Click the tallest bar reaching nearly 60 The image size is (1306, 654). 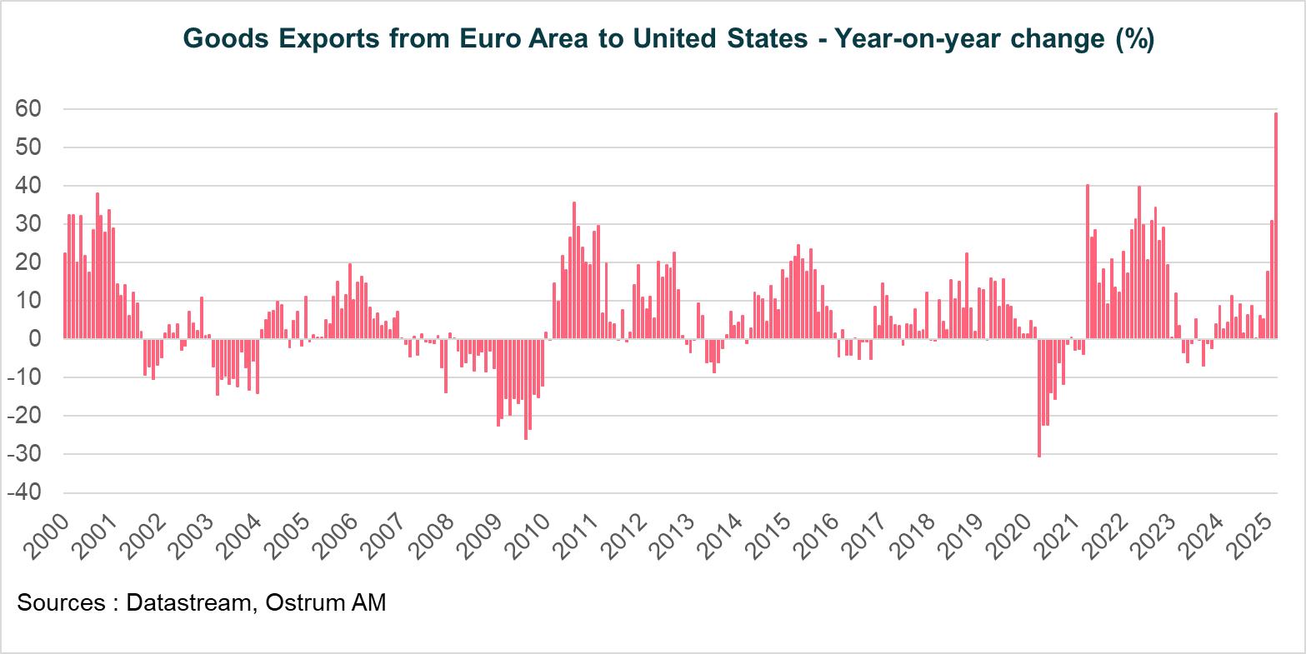tap(1276, 225)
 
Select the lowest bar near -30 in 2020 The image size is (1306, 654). tap(1039, 397)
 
